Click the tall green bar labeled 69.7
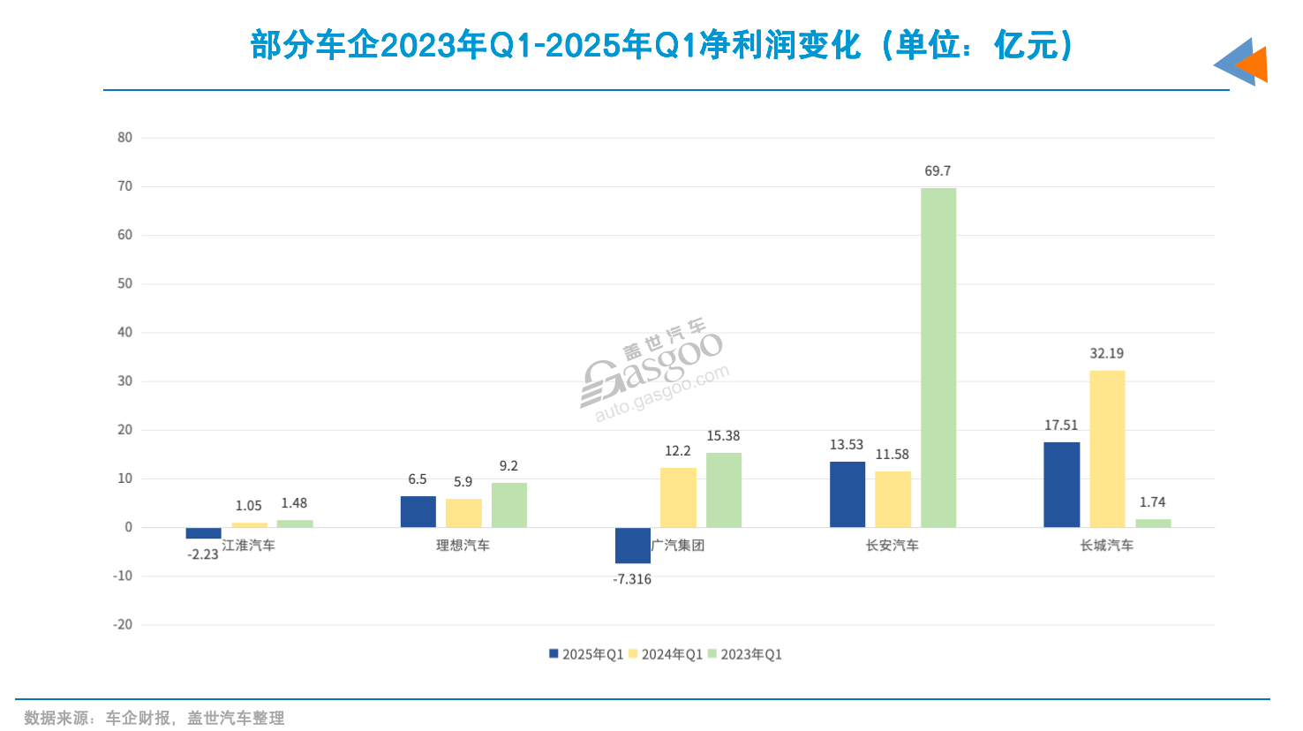pos(938,358)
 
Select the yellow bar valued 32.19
pos(1107,448)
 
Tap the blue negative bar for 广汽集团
pos(632,546)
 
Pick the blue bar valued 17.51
pos(1061,485)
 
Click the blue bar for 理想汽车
pos(418,512)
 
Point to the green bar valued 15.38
pos(723,490)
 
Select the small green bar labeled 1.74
pos(1153,523)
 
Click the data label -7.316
pos(632,579)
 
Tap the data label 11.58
pos(892,455)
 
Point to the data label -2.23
pos(203,554)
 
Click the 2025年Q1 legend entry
pos(586,654)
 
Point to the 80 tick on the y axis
pos(124,138)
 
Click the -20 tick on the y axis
pos(123,624)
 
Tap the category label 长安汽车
pos(892,546)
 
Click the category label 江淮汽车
pos(249,546)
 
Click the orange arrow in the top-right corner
pos(1254,64)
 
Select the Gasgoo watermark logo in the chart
pos(654,371)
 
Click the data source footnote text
pos(154,718)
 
